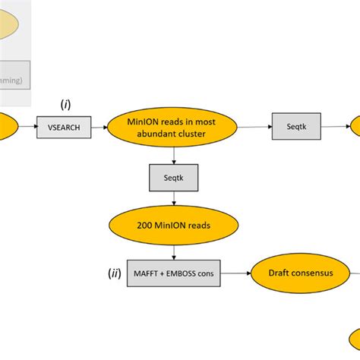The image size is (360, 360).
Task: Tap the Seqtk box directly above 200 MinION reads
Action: [x=175, y=178]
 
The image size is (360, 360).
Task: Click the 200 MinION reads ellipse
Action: [x=175, y=226]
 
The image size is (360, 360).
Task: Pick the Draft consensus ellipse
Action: [x=300, y=272]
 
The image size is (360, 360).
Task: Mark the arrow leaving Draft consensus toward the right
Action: [x=349, y=272]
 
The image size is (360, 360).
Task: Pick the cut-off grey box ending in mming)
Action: [x=15, y=77]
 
